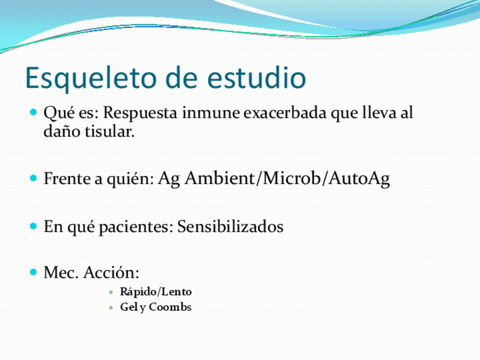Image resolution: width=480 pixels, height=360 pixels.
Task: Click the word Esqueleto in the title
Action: (84, 79)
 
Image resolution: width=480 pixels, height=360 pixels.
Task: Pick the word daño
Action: (59, 132)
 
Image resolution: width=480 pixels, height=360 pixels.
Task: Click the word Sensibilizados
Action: (230, 227)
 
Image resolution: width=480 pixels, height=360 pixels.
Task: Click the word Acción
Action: (111, 273)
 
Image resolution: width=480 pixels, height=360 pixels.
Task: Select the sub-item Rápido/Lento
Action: (156, 292)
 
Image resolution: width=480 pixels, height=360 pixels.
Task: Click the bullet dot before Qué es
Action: (33, 112)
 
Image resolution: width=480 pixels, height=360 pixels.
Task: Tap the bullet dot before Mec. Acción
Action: (33, 272)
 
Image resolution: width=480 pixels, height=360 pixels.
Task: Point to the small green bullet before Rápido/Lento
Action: (111, 293)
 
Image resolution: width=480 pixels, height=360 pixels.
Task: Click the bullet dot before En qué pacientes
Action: (33, 226)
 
